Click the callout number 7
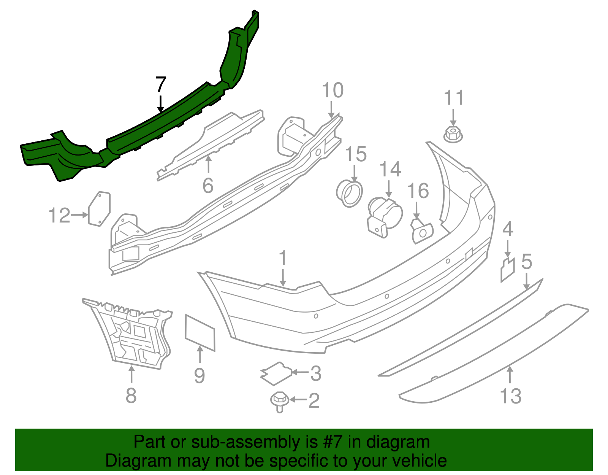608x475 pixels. point(161,84)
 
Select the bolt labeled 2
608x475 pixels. point(279,402)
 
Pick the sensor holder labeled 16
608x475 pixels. point(422,231)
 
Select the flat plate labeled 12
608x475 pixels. point(99,209)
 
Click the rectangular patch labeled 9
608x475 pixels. point(199,332)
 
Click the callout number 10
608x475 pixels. point(332,91)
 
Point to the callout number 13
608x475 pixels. point(510,396)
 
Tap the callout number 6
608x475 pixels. point(208,186)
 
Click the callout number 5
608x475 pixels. point(526,262)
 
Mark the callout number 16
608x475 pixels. point(418,191)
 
